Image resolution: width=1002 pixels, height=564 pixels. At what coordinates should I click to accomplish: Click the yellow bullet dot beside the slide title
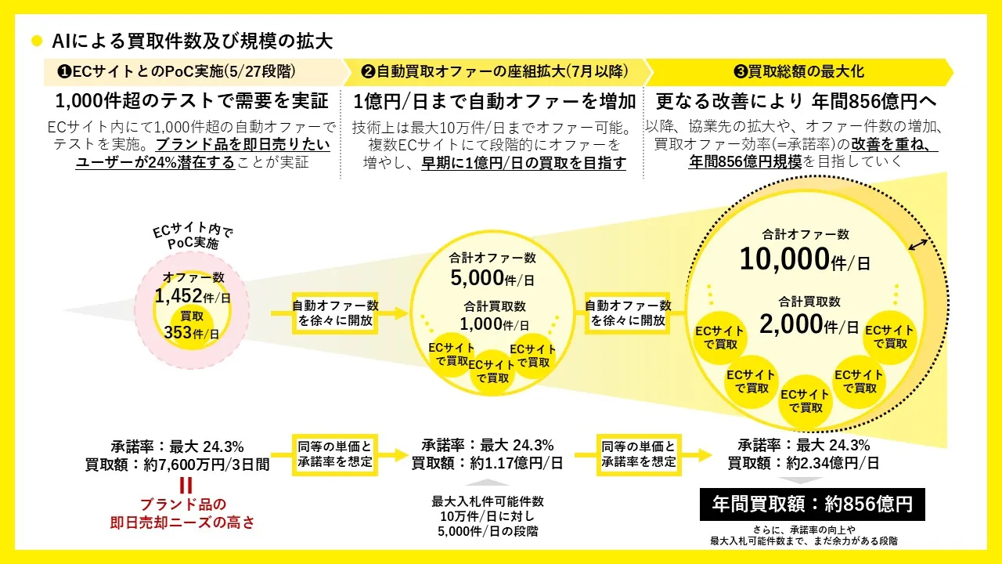click(x=37, y=42)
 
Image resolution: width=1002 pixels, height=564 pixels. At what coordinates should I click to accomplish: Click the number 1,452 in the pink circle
click(x=178, y=296)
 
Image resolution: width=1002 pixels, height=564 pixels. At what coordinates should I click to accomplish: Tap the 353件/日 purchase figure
click(x=192, y=333)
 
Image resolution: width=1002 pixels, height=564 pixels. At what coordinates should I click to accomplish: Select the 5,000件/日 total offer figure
click(x=492, y=278)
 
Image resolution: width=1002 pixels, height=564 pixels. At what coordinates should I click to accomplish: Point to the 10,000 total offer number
click(x=784, y=259)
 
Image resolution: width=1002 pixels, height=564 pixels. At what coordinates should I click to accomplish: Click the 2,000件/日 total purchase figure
click(x=809, y=325)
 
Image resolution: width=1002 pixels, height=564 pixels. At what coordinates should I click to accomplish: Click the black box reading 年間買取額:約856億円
click(x=813, y=504)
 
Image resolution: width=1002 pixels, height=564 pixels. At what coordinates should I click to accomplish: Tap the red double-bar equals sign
click(x=186, y=486)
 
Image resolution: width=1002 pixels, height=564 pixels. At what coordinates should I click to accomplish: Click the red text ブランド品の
click(x=183, y=504)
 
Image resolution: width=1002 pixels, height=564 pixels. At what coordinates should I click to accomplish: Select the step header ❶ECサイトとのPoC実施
click(x=176, y=71)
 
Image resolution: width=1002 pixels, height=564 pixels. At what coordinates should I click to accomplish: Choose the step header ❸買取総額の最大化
click(x=799, y=71)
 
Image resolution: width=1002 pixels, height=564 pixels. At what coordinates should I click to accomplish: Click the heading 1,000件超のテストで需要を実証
click(x=192, y=101)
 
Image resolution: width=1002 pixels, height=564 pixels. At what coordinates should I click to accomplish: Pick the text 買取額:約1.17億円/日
click(x=487, y=463)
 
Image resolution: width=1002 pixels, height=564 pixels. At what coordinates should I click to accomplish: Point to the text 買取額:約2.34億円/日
click(x=803, y=463)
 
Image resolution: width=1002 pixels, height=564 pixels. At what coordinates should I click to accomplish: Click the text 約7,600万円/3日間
click(x=207, y=465)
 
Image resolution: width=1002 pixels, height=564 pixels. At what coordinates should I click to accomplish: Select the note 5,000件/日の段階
click(x=488, y=531)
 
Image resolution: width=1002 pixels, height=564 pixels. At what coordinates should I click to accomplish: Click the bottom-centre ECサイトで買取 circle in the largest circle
click(x=806, y=401)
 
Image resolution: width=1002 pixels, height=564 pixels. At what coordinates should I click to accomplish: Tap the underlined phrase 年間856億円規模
click(x=745, y=162)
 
